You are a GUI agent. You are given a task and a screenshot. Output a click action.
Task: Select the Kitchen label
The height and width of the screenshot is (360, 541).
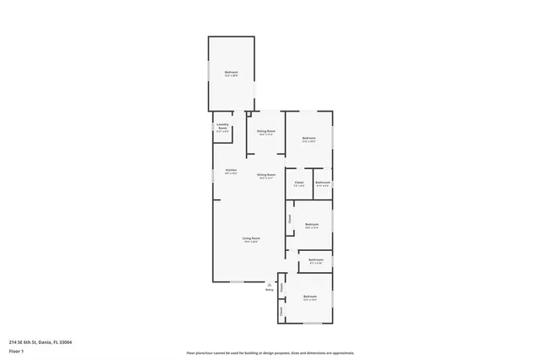coord(231,172)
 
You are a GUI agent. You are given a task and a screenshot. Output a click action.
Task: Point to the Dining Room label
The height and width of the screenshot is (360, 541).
coord(266,176)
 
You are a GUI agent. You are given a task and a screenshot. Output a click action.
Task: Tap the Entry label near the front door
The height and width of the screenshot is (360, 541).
coord(269,290)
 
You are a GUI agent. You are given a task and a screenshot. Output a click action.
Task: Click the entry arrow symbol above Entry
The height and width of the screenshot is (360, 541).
coord(270,284)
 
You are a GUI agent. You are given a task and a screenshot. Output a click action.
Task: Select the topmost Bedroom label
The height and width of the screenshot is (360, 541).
coord(231,73)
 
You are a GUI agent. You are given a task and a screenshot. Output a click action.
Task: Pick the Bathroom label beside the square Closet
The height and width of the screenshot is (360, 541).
coord(323,183)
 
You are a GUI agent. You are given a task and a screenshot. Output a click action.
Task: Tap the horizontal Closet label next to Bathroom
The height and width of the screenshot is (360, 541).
coord(299,183)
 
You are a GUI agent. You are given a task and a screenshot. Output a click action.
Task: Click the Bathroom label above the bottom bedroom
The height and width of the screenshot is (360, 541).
coord(315,260)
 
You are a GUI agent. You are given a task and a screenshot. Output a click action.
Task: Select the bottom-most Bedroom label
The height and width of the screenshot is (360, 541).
coord(310,297)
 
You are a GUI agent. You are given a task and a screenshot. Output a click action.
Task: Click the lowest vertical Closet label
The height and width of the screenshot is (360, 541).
coord(281,311)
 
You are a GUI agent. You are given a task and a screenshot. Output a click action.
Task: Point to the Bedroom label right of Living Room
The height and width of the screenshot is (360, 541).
coord(311,225)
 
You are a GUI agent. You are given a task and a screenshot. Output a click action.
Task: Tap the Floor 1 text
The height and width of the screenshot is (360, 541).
coord(16,350)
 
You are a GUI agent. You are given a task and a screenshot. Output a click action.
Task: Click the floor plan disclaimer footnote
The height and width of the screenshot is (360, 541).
coord(270,352)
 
